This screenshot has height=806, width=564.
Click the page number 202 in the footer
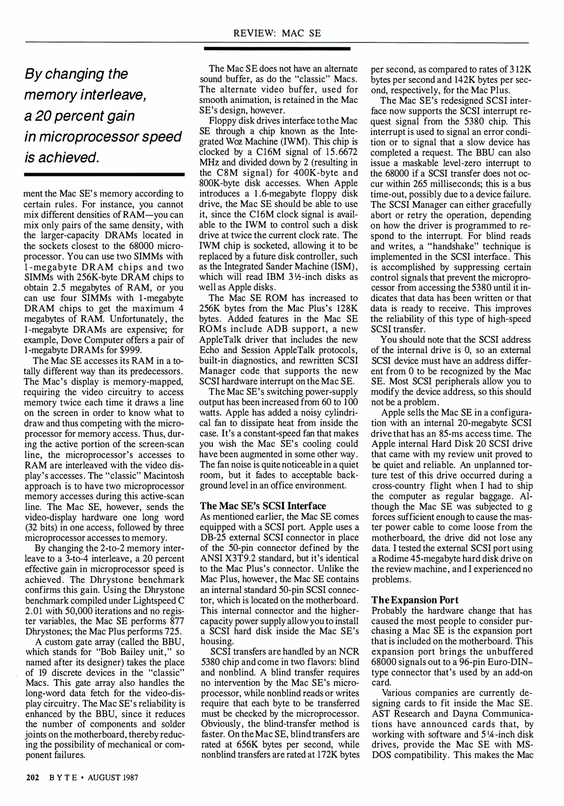(32, 778)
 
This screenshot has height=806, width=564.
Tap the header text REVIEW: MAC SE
(277, 33)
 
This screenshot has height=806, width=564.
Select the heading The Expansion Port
(414, 600)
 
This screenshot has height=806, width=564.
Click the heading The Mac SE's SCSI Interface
(263, 506)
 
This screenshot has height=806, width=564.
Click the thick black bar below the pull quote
(104, 174)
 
